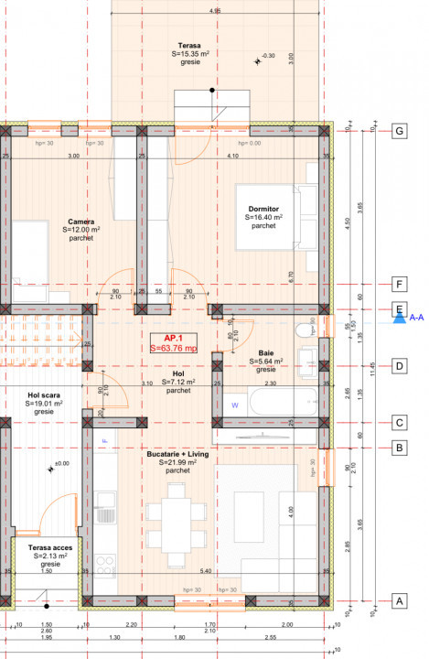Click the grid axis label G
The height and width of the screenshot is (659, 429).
399,131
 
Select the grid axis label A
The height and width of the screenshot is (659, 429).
399,601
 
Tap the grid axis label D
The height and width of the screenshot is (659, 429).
399,366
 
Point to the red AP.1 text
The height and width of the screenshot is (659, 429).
175,338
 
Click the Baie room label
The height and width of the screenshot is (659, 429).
266,352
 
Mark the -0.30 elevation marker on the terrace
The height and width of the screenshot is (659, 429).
266,56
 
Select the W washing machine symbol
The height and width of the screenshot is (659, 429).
234,405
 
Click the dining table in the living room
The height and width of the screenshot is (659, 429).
178,514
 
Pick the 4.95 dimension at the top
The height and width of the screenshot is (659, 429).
214,11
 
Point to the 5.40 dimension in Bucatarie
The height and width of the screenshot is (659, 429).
207,571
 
